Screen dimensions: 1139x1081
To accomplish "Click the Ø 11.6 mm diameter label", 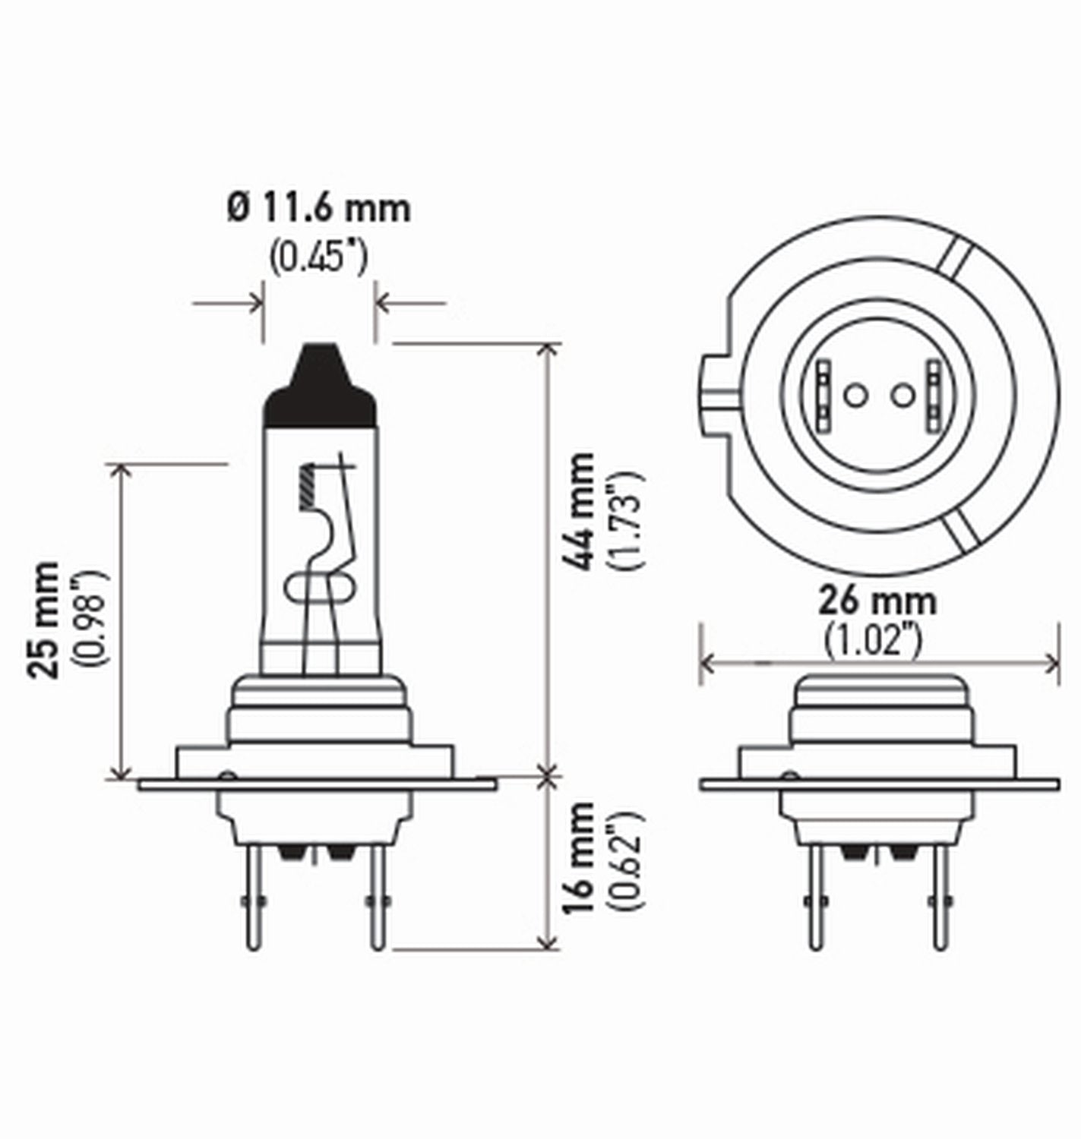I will click(318, 209).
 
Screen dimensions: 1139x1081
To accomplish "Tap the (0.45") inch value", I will click(318, 257).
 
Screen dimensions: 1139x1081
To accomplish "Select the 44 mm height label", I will click(581, 510).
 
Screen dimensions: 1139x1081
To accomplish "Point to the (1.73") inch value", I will click(626, 520).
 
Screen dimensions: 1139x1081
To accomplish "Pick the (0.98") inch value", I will click(90, 619).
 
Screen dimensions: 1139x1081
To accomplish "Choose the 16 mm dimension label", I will click(581, 858).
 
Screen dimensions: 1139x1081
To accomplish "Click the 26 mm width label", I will click(877, 602).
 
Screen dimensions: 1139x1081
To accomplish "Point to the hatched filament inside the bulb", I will click(308, 486).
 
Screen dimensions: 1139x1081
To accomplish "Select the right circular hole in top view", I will click(902, 395).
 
